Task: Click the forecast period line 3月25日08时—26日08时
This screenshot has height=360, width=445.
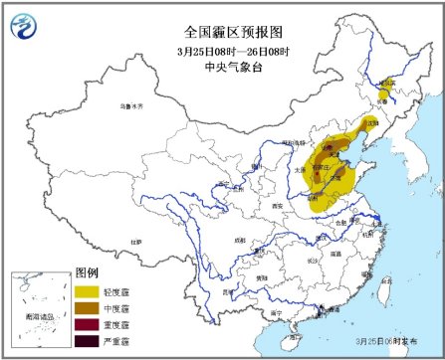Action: click(223, 50)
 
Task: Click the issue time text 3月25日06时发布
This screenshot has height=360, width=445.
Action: click(383, 339)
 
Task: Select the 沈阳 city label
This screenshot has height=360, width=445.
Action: click(371, 122)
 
